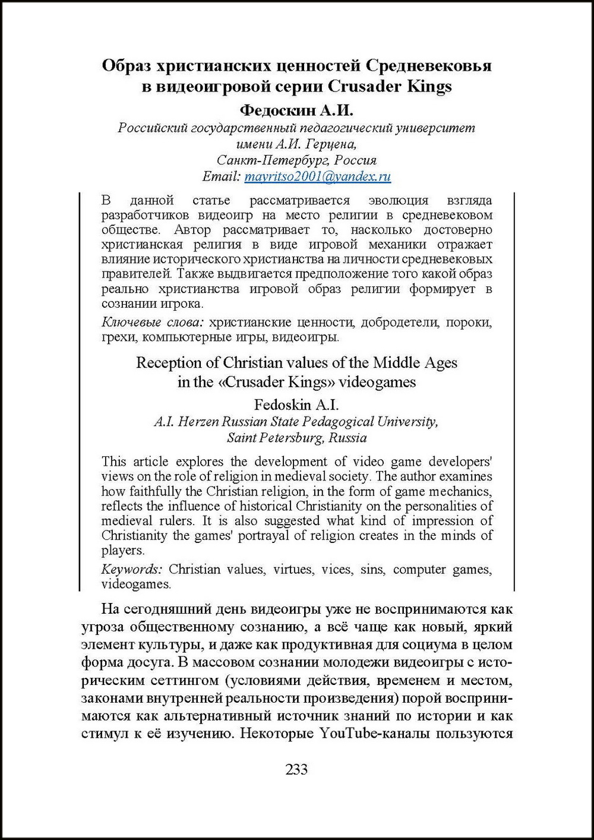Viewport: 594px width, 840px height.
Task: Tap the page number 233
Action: [296, 769]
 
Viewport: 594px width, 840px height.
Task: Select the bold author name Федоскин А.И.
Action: [296, 110]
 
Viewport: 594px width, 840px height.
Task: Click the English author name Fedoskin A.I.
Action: [296, 405]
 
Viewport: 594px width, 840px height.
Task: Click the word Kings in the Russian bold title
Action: [429, 87]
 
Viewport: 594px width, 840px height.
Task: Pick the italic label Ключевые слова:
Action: [153, 323]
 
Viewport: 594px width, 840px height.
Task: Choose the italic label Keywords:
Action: [131, 569]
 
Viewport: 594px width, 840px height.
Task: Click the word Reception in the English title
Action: [170, 362]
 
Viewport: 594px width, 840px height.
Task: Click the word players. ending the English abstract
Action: [122, 551]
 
